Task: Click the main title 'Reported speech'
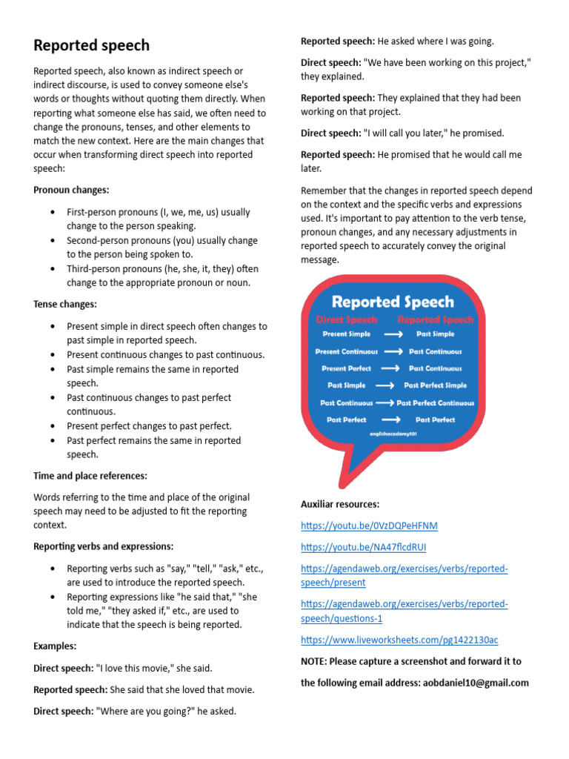(91, 45)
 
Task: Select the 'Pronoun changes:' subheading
(71, 190)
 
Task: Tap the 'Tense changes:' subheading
(65, 304)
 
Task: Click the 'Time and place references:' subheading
(90, 475)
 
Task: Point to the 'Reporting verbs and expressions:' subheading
(103, 546)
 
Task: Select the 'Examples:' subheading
(55, 646)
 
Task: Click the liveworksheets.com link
(399, 639)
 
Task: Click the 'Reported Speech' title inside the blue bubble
(393, 302)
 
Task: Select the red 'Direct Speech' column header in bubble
(347, 320)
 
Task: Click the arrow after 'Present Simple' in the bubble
(393, 334)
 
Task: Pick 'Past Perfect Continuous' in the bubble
(436, 403)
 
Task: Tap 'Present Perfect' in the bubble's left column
(346, 368)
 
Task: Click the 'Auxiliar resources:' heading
(339, 504)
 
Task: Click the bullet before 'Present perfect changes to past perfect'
(52, 426)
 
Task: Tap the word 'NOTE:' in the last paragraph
(313, 661)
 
